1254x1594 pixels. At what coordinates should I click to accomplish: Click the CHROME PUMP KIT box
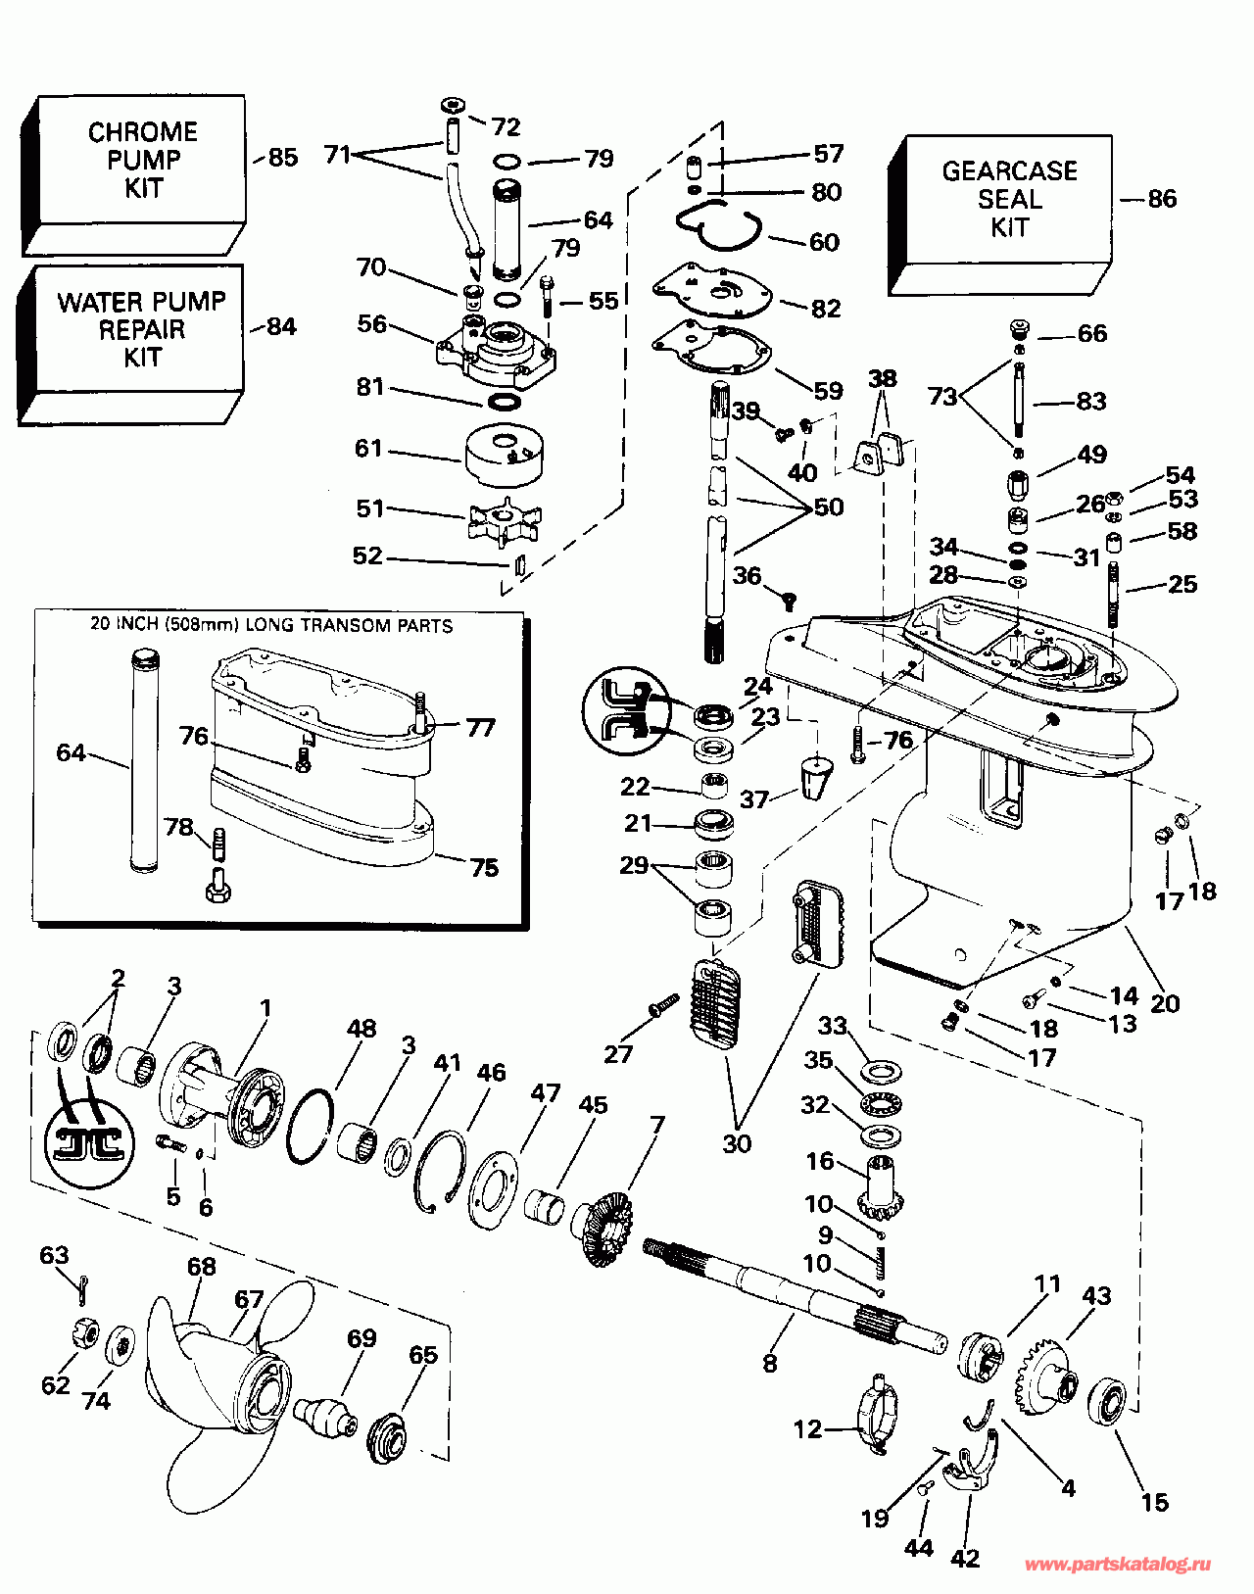coord(142,161)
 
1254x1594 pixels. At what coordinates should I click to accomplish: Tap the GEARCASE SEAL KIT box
coord(1008,200)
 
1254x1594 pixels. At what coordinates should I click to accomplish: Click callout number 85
coord(282,158)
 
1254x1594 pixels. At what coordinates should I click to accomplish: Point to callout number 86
coord(1162,199)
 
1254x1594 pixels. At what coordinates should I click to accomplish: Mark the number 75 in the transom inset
coord(484,867)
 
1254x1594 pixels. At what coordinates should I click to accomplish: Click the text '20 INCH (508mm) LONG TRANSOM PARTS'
coord(271,625)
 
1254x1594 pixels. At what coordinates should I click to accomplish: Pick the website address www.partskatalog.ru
coord(1117,1565)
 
